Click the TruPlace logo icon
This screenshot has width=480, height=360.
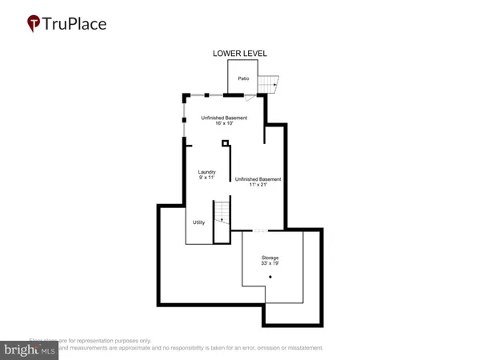tap(34, 23)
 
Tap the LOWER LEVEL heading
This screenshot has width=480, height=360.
tap(239, 54)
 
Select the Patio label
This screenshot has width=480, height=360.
tap(244, 78)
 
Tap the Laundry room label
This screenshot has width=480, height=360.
tap(206, 172)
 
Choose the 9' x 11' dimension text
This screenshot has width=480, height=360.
tap(206, 178)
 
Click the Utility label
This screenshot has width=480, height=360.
tap(198, 222)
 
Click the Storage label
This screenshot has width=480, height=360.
tap(270, 258)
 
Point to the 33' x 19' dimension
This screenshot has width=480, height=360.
tap(270, 263)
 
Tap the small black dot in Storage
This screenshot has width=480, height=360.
tap(270, 277)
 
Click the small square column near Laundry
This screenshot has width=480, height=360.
tap(226, 143)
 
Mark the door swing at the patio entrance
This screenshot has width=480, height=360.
tap(250, 98)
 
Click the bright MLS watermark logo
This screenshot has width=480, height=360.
tap(30, 350)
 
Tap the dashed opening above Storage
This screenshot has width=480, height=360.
tap(260, 230)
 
